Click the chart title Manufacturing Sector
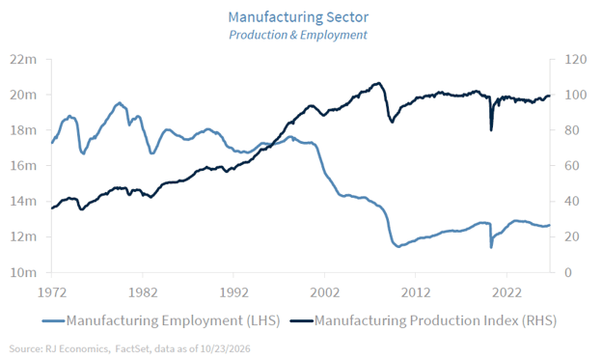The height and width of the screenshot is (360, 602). [x=298, y=17]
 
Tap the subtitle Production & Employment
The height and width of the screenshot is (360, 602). [x=298, y=35]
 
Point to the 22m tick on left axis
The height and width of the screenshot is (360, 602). [x=23, y=60]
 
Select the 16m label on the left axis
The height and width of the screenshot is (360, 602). [x=23, y=166]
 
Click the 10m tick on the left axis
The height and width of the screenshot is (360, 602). [x=23, y=272]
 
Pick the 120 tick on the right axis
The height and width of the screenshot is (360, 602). [x=576, y=60]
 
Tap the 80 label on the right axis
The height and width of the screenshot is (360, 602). [x=572, y=130]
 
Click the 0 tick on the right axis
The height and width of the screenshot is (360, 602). [x=568, y=272]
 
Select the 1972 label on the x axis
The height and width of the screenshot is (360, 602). [x=52, y=292]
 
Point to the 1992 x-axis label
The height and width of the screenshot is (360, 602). [x=233, y=292]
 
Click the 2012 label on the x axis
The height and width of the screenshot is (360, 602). [x=416, y=292]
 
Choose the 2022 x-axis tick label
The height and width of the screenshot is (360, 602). [x=506, y=292]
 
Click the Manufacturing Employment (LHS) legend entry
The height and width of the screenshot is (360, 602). [x=161, y=320]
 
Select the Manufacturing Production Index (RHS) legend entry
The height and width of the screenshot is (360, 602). [x=424, y=320]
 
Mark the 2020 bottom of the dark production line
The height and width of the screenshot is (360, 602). [x=491, y=130]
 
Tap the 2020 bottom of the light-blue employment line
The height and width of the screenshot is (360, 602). [x=491, y=247]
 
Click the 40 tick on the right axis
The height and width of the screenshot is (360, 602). [x=572, y=202]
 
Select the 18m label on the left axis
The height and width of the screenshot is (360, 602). [x=23, y=130]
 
